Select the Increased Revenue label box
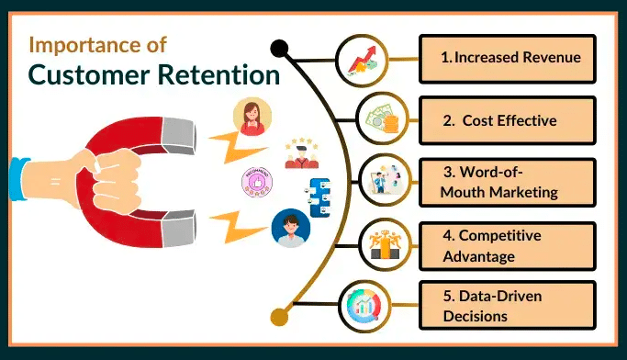(x=508, y=58)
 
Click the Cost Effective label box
(x=508, y=119)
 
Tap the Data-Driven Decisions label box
(x=508, y=305)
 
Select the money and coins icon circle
(x=380, y=119)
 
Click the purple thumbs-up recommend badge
(x=256, y=181)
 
